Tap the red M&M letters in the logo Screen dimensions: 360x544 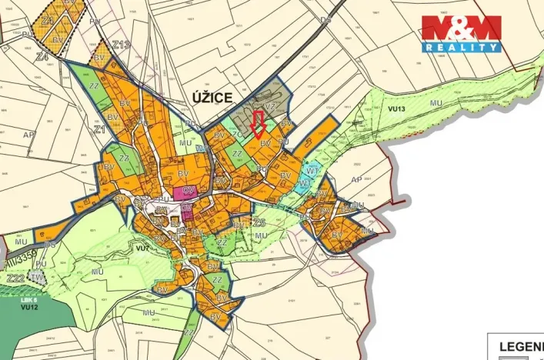coord(460,28)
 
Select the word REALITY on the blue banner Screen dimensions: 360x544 coord(460,47)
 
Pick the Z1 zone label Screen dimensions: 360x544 coord(99,130)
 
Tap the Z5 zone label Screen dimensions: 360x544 coord(259,222)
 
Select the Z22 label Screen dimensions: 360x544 coord(15,278)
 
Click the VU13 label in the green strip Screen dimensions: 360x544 coord(396,109)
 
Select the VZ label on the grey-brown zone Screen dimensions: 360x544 coord(270,107)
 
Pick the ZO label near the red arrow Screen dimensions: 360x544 coord(239,133)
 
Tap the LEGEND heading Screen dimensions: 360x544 coord(517,347)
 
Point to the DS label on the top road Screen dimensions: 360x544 coord(326,19)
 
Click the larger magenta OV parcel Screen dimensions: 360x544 coord(185,192)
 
